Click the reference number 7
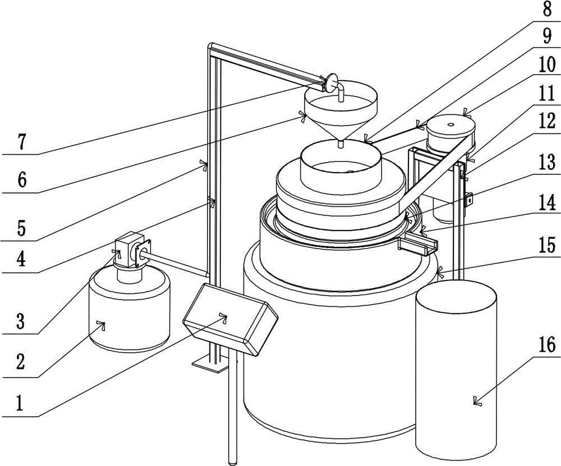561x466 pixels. (22, 142)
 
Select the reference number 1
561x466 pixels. (19, 404)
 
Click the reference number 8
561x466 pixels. (546, 9)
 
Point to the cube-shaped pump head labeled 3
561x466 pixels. (130, 250)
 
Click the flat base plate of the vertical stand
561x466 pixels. (210, 365)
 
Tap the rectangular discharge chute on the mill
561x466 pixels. (419, 243)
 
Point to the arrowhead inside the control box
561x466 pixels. (224, 316)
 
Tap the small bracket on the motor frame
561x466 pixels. (468, 200)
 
